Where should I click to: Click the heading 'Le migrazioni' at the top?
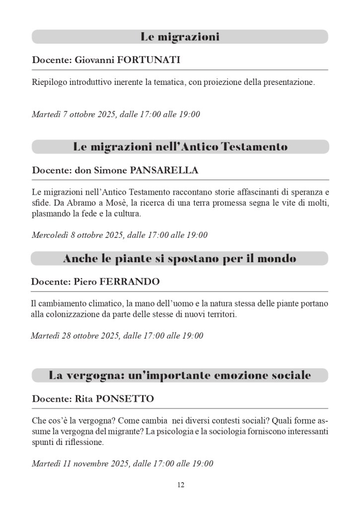click(x=180, y=37)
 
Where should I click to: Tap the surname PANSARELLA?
click(x=164, y=170)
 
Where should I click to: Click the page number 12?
click(x=180, y=485)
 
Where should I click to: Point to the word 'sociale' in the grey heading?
click(x=290, y=375)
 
